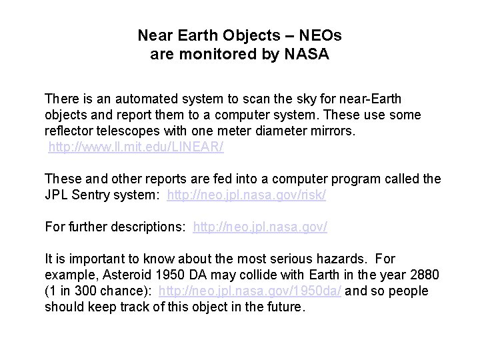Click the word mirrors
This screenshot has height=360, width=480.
click(331, 131)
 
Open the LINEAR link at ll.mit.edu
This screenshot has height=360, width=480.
click(136, 147)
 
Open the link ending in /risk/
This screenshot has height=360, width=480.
click(247, 195)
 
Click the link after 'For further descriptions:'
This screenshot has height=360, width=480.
click(260, 227)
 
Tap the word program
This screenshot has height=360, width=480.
click(361, 179)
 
